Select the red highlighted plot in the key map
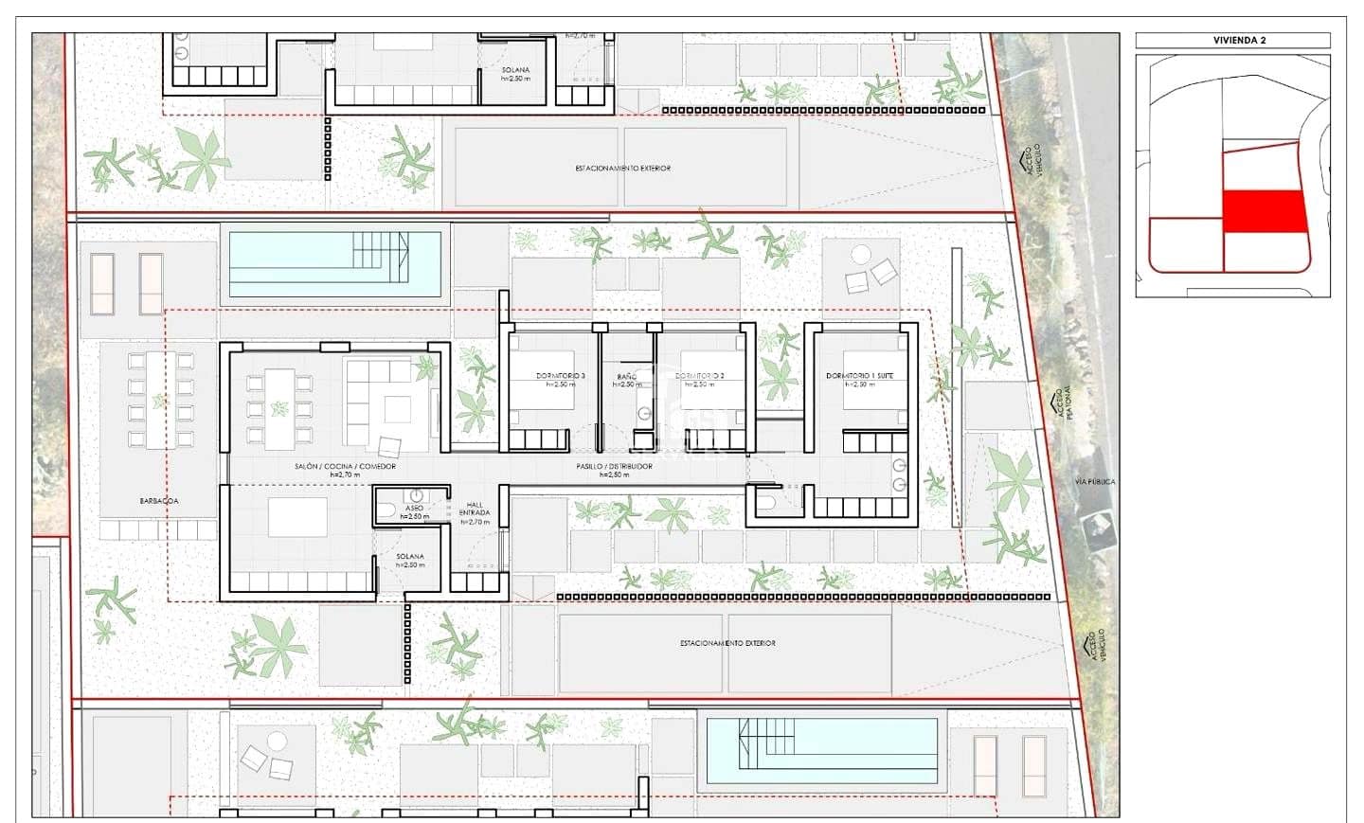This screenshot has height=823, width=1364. pyautogui.click(x=1265, y=211)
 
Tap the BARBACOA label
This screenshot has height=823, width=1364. pyautogui.click(x=159, y=501)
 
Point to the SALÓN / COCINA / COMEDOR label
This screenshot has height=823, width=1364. pyautogui.click(x=345, y=467)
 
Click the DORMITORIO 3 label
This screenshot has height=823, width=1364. pyautogui.click(x=560, y=376)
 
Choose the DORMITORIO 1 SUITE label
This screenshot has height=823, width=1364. pyautogui.click(x=859, y=376)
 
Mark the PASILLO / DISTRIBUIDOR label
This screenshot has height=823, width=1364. pyautogui.click(x=614, y=467)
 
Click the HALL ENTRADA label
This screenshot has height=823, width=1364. pyautogui.click(x=475, y=509)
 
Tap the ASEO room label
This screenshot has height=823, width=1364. pyautogui.click(x=414, y=509)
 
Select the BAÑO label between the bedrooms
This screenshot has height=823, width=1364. pyautogui.click(x=626, y=377)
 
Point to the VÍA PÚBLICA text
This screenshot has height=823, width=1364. pyautogui.click(x=1095, y=482)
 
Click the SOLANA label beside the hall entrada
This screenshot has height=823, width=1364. pyautogui.click(x=410, y=557)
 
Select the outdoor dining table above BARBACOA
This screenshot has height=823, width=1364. pyautogui.click(x=160, y=399)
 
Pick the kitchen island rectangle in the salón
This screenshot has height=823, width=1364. pyautogui.click(x=297, y=518)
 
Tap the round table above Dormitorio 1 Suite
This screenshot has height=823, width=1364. pyautogui.click(x=861, y=255)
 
